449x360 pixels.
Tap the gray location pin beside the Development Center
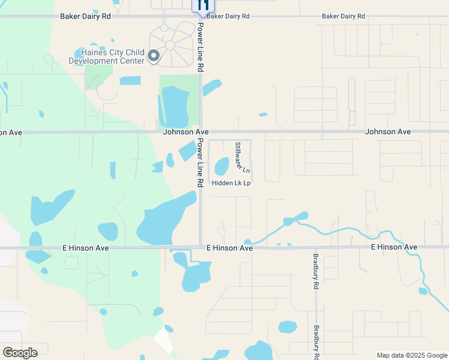point(154,56)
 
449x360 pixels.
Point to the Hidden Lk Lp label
point(231,183)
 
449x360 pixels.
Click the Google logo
point(20,352)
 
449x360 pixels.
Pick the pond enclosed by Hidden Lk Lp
point(222,166)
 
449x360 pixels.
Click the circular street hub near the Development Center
point(170,45)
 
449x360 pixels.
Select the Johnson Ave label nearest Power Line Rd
point(186,131)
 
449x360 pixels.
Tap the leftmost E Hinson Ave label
point(85,247)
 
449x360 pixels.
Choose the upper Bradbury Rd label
point(315,272)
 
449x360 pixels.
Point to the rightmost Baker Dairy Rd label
point(343,16)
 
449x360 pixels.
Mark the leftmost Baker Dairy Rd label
point(85,16)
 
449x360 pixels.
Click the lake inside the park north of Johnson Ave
point(174,107)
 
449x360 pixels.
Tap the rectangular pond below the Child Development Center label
point(130,80)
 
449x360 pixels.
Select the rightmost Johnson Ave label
point(388,131)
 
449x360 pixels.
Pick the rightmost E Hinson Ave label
point(394,247)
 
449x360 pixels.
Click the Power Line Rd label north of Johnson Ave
point(201,47)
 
